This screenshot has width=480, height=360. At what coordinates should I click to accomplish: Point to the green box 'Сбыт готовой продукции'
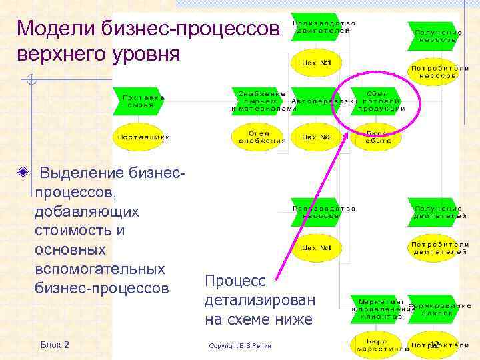pos(377,101)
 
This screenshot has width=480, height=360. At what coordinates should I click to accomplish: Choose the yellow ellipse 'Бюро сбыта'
pos(377,137)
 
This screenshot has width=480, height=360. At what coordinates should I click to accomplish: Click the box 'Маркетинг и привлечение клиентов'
pos(377,308)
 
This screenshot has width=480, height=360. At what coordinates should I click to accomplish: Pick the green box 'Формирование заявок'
pos(433,308)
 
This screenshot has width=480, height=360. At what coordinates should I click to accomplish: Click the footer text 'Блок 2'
pos(55,344)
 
